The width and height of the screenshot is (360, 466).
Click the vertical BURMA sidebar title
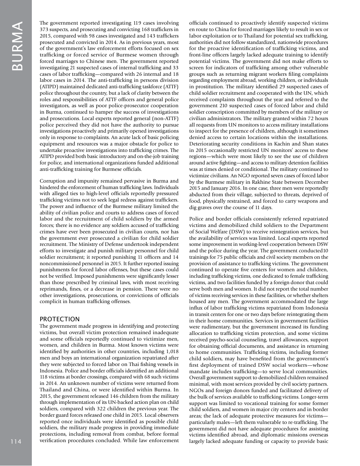coord(17,45)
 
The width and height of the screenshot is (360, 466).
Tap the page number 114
coord(16,441)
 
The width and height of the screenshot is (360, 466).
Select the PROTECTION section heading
coord(59,319)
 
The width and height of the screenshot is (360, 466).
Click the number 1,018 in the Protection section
coord(171,351)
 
